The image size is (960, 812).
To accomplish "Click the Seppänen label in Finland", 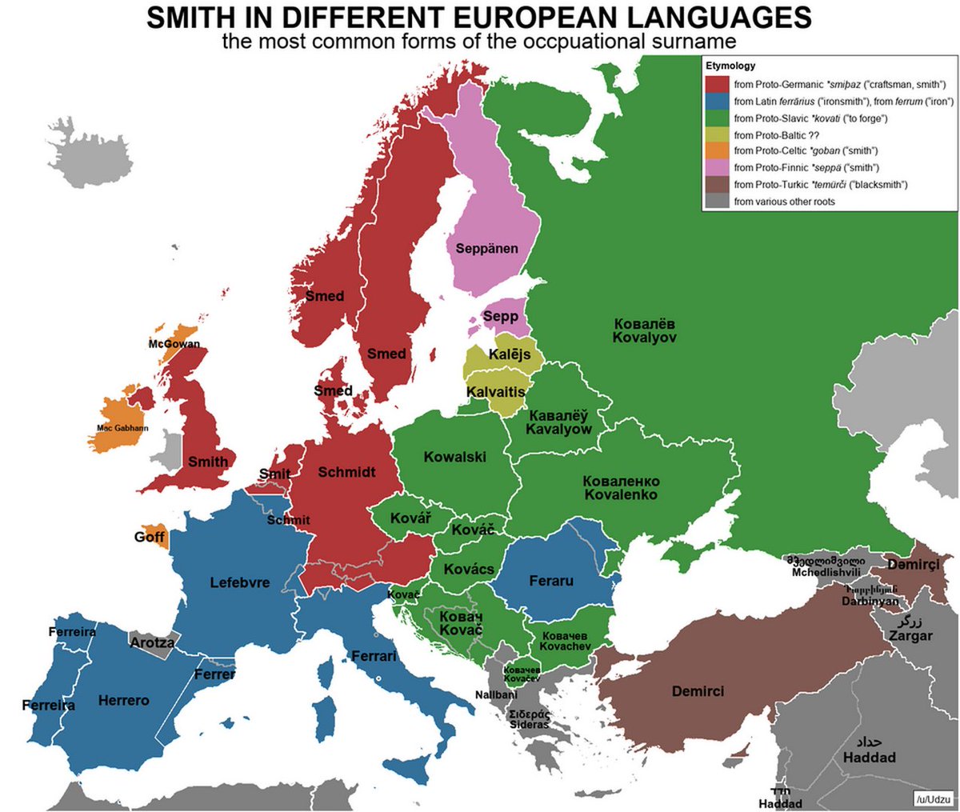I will [x=486, y=249].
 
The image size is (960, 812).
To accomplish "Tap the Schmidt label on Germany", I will [x=346, y=472].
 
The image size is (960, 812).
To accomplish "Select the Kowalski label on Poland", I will [x=454, y=457].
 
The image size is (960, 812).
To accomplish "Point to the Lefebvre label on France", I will [x=240, y=582].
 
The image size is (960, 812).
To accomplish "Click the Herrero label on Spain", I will [x=123, y=701].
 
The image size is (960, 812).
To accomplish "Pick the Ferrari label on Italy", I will [x=374, y=656].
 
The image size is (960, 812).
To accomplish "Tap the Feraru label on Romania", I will [x=551, y=581].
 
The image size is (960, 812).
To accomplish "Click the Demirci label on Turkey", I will [x=698, y=691].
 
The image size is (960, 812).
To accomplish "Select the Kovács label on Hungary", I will [x=470, y=569].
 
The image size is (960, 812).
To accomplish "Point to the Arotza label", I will [x=152, y=642].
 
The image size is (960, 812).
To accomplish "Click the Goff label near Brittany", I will [x=149, y=537].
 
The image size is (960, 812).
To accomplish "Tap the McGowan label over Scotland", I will [x=174, y=344].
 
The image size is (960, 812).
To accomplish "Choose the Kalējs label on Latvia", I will [x=510, y=354].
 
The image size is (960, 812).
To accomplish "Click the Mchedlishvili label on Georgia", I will [x=826, y=572].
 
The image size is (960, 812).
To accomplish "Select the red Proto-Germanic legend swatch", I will [x=718, y=84].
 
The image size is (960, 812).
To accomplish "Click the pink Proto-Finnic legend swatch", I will [x=718, y=168].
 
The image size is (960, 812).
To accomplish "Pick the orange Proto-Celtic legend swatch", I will [x=718, y=151].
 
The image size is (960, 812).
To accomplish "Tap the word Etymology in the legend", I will [x=730, y=66].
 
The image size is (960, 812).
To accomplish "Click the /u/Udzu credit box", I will [x=933, y=798].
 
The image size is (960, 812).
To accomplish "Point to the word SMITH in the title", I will [x=201, y=18].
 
